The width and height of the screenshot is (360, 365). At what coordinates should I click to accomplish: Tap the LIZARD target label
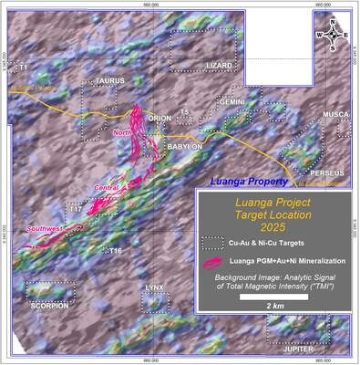tap(219, 66)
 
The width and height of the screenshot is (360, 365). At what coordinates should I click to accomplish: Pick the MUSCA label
tap(336, 114)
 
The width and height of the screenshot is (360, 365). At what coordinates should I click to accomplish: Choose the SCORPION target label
tap(47, 305)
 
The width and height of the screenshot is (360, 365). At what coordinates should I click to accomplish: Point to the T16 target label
tap(116, 250)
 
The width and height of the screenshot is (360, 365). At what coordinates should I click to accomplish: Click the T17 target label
tap(77, 210)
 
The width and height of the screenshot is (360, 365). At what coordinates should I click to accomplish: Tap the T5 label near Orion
tap(184, 112)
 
